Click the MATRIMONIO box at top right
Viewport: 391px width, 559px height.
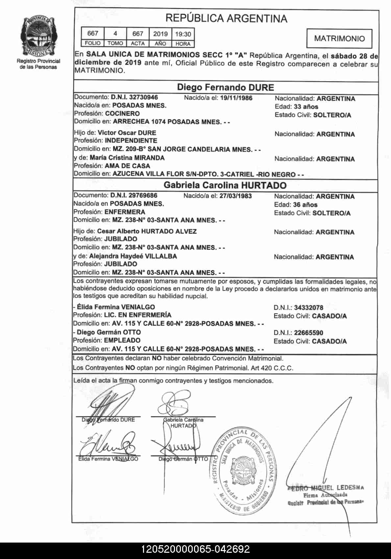[339, 38]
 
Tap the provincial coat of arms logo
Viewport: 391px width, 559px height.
[38, 36]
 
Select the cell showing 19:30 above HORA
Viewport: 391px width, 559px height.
[183, 34]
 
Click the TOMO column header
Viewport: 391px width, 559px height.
[115, 43]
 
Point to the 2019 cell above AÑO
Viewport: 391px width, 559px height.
[160, 34]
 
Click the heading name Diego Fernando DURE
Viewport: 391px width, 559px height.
[225, 87]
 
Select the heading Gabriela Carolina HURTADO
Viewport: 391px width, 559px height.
[225, 185]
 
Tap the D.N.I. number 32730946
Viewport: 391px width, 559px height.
[143, 97]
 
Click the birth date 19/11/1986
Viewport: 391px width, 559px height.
[236, 98]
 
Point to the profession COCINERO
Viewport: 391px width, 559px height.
[122, 114]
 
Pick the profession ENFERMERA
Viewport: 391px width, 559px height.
[125, 212]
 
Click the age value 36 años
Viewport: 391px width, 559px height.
[305, 205]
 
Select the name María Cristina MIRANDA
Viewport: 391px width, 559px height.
[127, 158]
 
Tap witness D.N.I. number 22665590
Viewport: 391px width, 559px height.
[308, 333]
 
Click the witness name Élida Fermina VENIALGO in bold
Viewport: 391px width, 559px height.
[116, 307]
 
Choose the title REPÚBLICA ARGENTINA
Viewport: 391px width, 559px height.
[226, 18]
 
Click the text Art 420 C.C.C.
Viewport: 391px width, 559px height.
[272, 368]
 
